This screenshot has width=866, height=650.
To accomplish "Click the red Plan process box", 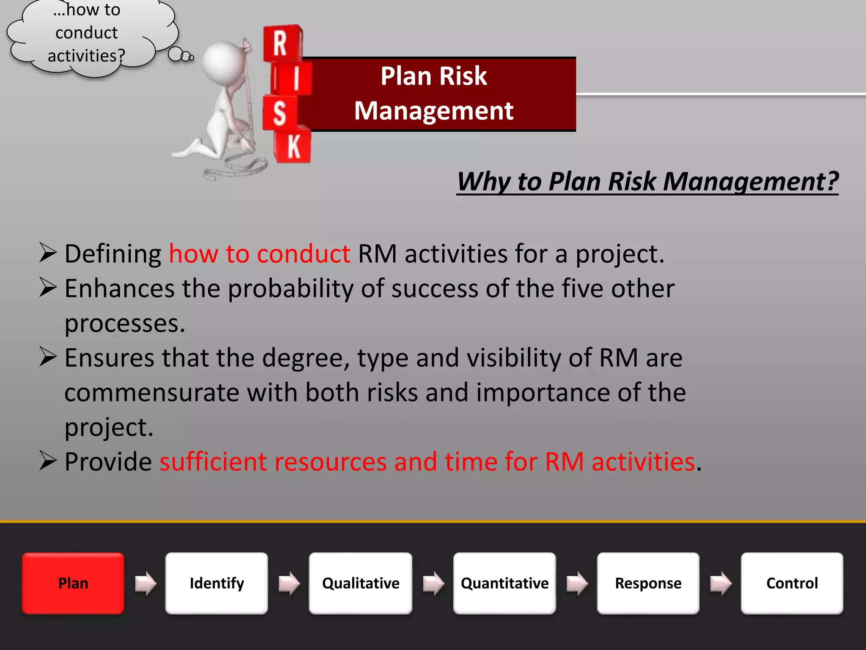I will (73, 583).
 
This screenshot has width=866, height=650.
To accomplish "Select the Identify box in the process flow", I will (216, 583).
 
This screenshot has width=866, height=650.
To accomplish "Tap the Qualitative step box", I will (360, 583).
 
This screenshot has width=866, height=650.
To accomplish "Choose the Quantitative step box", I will (504, 583).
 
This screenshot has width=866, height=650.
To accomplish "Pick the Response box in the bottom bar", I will (648, 583).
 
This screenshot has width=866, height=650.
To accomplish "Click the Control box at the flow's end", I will (792, 583).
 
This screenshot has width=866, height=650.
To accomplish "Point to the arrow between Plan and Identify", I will (145, 583).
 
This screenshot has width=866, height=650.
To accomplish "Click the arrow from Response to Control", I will (721, 583).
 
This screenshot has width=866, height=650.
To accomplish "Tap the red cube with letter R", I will (281, 43).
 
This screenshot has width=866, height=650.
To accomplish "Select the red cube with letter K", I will (293, 146).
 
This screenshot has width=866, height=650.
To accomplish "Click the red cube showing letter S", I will (279, 113).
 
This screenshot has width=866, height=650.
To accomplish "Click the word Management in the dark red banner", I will (433, 111).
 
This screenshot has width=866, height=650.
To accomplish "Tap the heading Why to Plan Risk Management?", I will (647, 182).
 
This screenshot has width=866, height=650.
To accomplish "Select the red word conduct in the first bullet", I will (304, 254).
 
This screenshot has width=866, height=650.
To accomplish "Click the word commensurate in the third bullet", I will (151, 392).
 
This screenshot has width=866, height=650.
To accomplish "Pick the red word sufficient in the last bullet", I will (213, 461).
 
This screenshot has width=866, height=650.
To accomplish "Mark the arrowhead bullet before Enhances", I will (48, 288).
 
